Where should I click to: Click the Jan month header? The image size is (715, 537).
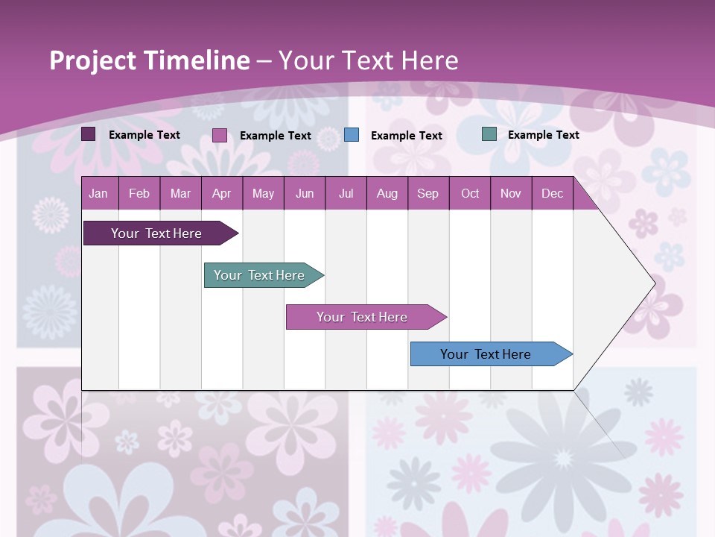pyautogui.click(x=98, y=193)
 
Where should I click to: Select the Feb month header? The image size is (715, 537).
pyautogui.click(x=139, y=193)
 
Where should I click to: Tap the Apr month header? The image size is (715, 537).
pyautogui.click(x=221, y=193)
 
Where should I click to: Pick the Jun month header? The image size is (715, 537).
pyautogui.click(x=305, y=193)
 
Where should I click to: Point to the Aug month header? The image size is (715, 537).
pyautogui.click(x=387, y=193)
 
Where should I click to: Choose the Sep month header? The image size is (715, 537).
pyautogui.click(x=428, y=193)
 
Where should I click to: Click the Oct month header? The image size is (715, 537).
pyautogui.click(x=470, y=193)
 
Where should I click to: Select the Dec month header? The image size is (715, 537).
pyautogui.click(x=552, y=193)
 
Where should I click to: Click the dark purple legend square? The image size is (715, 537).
pyautogui.click(x=89, y=134)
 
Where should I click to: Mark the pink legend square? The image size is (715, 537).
pyautogui.click(x=220, y=135)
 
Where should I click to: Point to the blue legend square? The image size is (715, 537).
pyautogui.click(x=352, y=134)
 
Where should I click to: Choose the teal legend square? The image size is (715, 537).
pyautogui.click(x=489, y=134)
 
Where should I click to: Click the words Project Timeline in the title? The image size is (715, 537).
pyautogui.click(x=150, y=60)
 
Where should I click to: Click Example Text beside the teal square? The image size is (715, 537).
pyautogui.click(x=543, y=135)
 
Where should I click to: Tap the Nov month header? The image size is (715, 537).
pyautogui.click(x=511, y=193)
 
